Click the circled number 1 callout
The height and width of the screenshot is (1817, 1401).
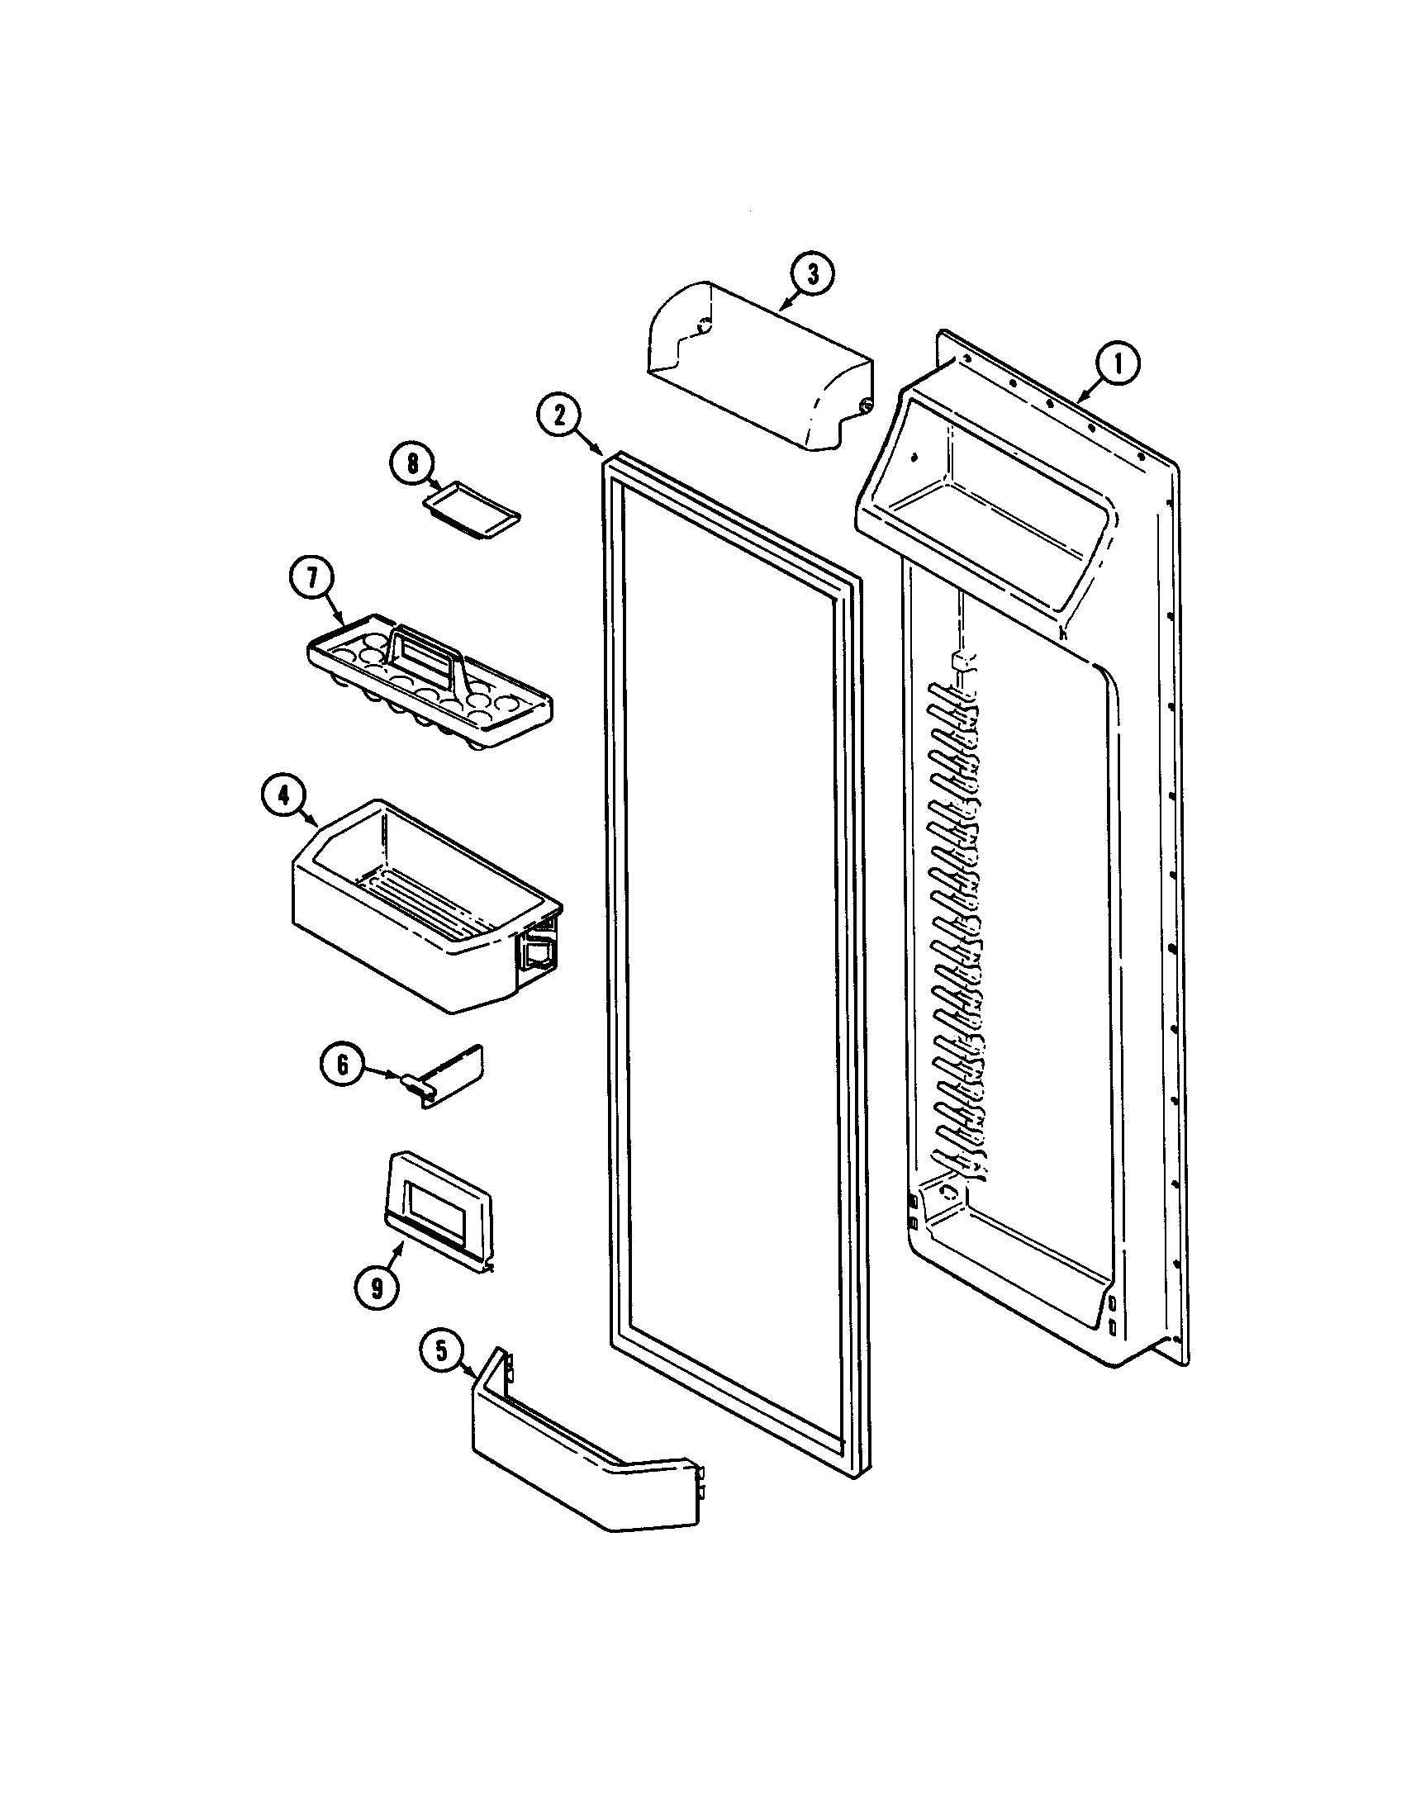coord(1117,364)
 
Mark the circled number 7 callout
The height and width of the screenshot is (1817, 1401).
coord(311,580)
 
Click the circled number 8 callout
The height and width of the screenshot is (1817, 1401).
coord(413,463)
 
